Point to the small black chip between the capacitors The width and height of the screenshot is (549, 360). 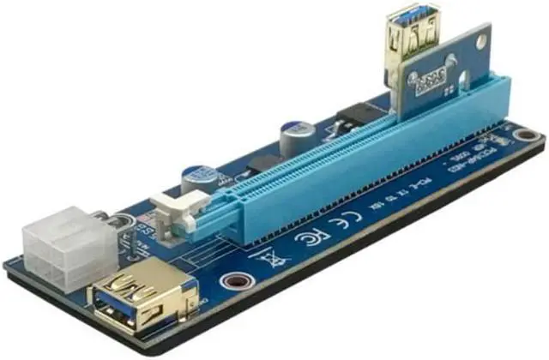pos(258,163)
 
